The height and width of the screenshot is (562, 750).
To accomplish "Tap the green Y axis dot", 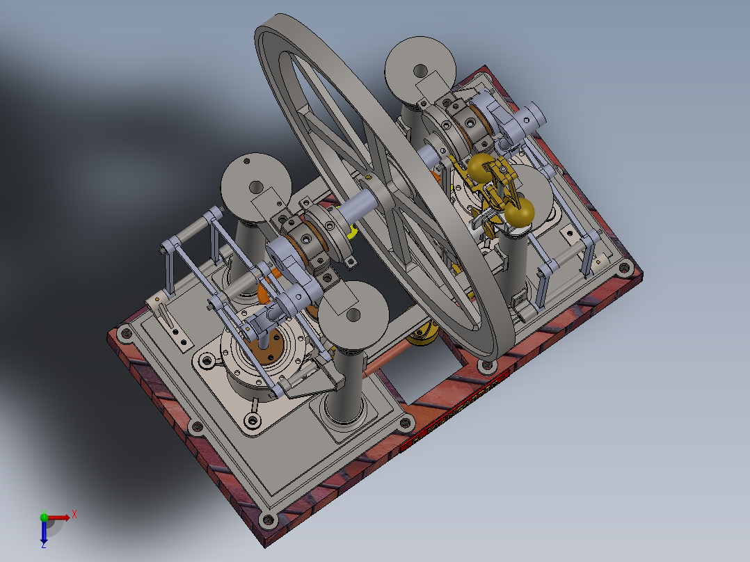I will coord(44,517).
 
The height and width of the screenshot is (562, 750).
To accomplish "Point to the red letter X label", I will coord(74,513).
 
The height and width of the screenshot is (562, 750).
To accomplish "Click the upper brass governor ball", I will coord(480,168).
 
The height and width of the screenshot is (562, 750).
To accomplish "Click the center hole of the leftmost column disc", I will coord(256,187).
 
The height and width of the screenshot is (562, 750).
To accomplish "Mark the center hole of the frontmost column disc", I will coord(352,316).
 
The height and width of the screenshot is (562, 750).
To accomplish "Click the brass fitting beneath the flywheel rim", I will coord(423,337).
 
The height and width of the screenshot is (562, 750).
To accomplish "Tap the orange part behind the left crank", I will coord(266,292).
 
